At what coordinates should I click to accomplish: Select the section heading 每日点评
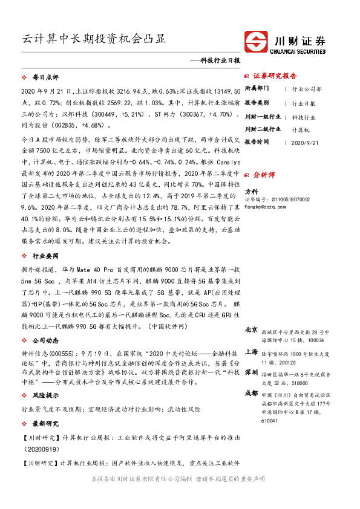click(45, 78)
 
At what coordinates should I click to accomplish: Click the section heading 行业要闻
click(45, 255)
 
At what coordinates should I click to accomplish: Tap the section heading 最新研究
click(45, 423)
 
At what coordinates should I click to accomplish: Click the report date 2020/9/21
click(304, 143)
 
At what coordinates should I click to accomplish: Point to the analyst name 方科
click(251, 191)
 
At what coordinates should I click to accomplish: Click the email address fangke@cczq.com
click(264, 206)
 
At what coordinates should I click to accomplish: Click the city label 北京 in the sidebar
click(251, 330)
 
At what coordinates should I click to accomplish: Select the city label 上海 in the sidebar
click(251, 351)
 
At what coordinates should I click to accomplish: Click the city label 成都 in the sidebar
click(251, 393)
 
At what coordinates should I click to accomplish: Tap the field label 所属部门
click(258, 88)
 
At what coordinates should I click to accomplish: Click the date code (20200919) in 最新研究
click(42, 450)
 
